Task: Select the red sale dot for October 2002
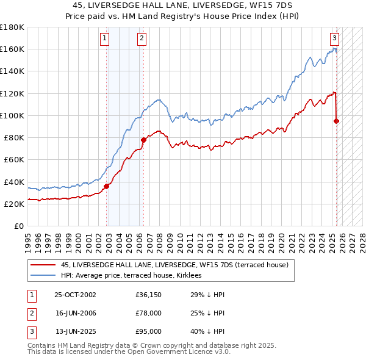pos(106,186)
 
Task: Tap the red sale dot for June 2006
pos(143,140)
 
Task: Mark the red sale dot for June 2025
pos(337,121)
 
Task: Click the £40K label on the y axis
pos(13,182)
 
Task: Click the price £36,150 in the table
pos(149,295)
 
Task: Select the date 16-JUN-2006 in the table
pos(75,313)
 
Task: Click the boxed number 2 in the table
pos(30,313)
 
